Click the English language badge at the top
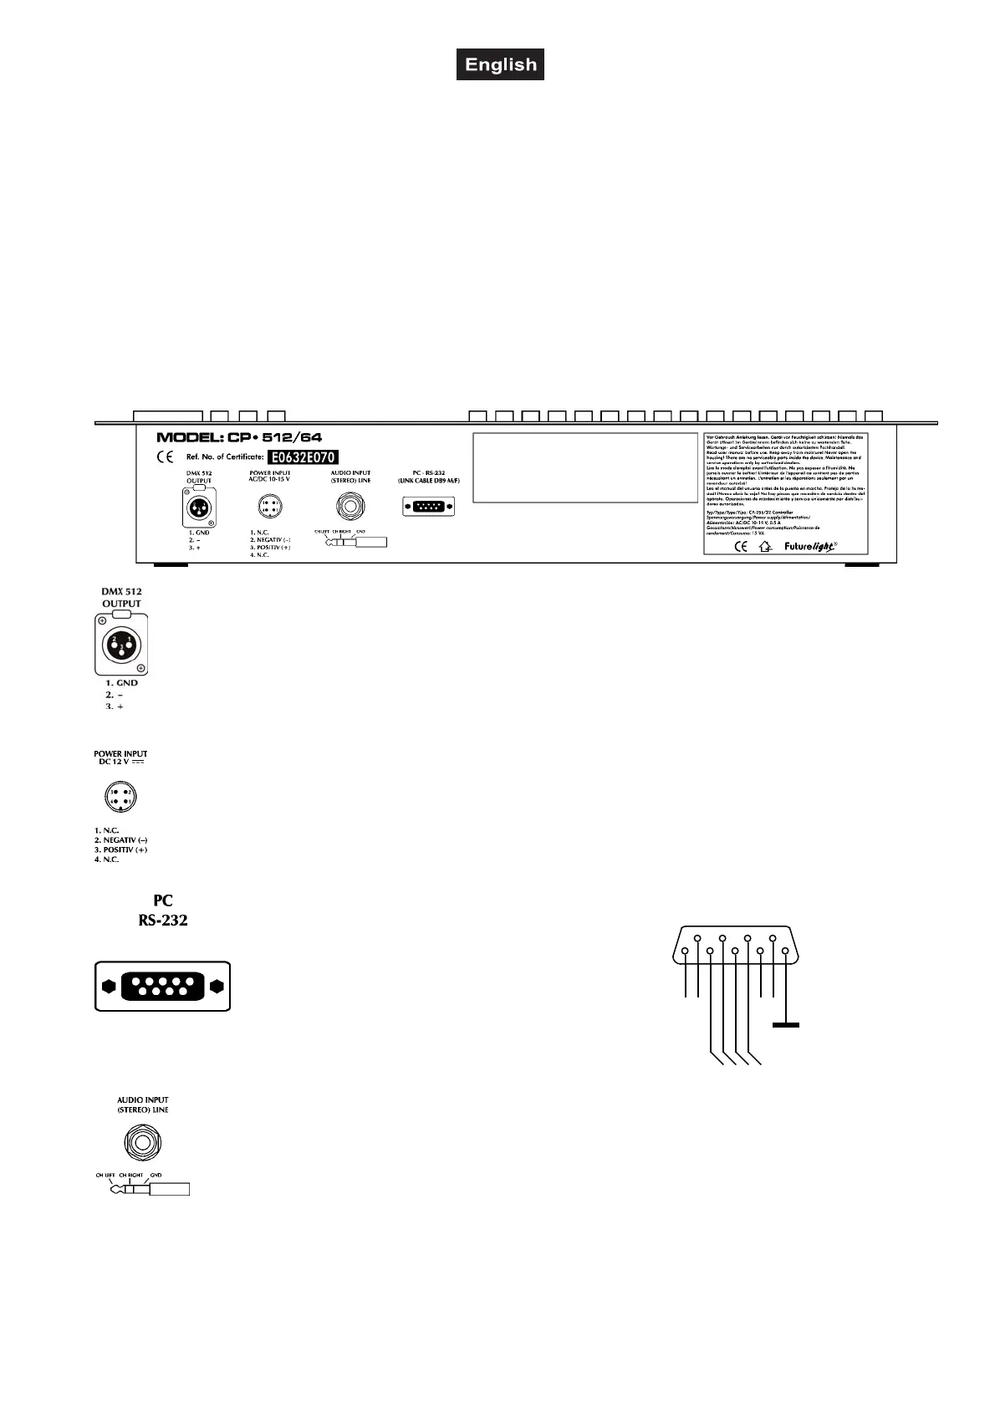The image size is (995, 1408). [x=500, y=64]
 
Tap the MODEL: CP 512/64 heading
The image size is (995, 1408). [x=240, y=437]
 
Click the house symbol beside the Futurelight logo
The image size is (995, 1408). [x=763, y=548]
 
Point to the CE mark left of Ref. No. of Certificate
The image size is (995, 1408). [x=166, y=457]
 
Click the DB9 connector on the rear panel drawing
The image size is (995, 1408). [x=429, y=507]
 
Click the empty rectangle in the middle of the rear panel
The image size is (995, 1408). [x=584, y=467]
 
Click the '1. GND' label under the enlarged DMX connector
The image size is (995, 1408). [x=116, y=683]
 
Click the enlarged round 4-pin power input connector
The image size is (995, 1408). [x=120, y=797]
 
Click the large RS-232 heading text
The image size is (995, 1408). [x=163, y=920]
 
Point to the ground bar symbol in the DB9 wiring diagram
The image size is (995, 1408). [x=786, y=1024]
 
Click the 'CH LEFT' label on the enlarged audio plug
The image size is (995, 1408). [x=105, y=1174]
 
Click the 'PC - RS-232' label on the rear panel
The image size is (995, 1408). [x=429, y=473]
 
